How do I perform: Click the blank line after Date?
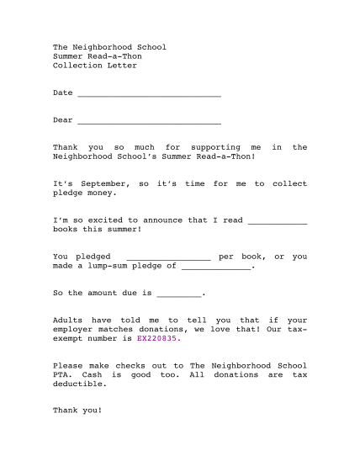click(x=148, y=93)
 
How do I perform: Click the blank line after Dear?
click(x=148, y=121)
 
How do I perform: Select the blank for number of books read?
click(x=277, y=221)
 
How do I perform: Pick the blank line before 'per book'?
click(x=167, y=257)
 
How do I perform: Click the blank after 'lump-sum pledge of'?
click(x=216, y=267)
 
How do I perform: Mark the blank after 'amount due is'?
click(x=178, y=294)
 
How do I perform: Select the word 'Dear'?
click(x=62, y=120)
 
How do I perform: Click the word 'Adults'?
click(x=67, y=320)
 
